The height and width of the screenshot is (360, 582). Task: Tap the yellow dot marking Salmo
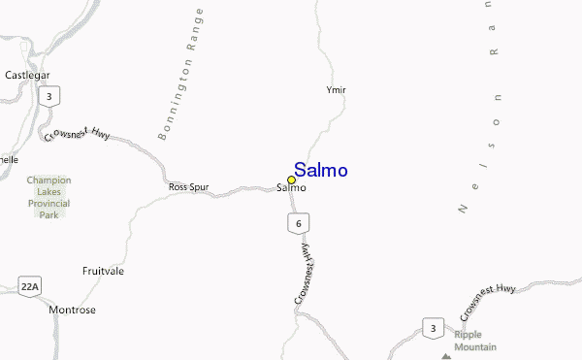tap(291, 180)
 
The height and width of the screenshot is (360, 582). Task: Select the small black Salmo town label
tap(291, 187)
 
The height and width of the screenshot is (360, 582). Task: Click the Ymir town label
tap(336, 90)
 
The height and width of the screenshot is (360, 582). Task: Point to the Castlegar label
tap(27, 75)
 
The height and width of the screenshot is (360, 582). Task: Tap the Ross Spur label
tap(188, 186)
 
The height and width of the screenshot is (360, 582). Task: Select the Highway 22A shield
tap(29, 285)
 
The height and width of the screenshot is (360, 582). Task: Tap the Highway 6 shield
tap(298, 224)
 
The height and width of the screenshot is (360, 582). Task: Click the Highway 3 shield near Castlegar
tap(46, 96)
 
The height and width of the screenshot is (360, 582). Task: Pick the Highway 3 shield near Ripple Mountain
tap(432, 329)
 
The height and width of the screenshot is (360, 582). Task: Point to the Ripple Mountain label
tap(475, 341)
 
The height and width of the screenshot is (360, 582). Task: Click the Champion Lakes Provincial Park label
tap(48, 197)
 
